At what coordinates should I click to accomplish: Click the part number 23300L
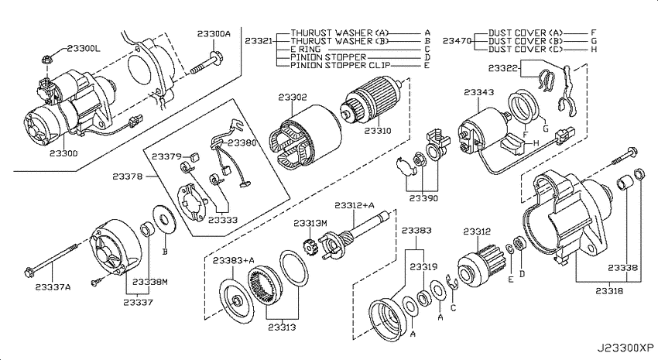[84, 49]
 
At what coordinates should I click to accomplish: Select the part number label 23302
[293, 98]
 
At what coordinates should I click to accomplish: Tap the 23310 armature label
[377, 131]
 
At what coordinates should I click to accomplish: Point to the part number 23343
[479, 92]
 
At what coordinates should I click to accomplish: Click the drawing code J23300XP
[625, 348]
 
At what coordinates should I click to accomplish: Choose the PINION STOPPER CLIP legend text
[341, 66]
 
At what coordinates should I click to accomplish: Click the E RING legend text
[306, 50]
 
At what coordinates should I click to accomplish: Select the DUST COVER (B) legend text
[526, 41]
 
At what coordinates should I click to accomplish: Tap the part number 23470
[457, 41]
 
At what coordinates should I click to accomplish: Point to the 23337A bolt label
[53, 287]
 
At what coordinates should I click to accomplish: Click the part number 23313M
[310, 223]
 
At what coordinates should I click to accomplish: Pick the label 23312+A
[355, 205]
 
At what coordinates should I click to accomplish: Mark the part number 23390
[423, 198]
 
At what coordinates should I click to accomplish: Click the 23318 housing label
[609, 290]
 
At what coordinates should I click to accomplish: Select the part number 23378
[127, 177]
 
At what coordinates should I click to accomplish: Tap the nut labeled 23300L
[47, 59]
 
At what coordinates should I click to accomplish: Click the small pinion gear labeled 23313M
[310, 247]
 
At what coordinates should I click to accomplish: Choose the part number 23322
[503, 68]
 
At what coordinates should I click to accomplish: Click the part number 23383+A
[233, 261]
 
